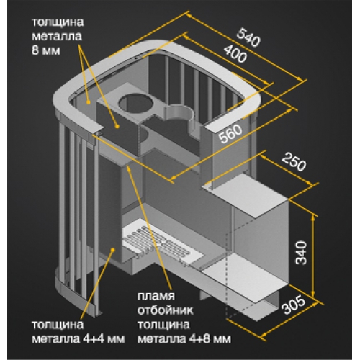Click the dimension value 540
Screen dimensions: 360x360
tap(248, 37)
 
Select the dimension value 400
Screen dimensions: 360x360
tap(235, 54)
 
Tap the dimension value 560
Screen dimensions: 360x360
tap(231, 134)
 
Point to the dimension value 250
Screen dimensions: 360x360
tap(294, 162)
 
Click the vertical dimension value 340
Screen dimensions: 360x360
tap(301, 253)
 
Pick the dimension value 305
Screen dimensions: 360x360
tap(294, 305)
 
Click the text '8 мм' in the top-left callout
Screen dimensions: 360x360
tap(45, 50)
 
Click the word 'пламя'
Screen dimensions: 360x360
tap(156, 296)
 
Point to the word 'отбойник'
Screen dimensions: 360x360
tap(166, 310)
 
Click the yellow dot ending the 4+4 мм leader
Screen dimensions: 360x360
tap(112, 250)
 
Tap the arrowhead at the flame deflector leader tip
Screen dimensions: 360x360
tap(129, 167)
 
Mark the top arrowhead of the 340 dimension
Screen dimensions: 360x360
tap(313, 217)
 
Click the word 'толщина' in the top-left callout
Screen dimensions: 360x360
tap(58, 22)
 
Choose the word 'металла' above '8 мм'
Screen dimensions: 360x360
tap(57, 36)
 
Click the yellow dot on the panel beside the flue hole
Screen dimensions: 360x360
tap(117, 126)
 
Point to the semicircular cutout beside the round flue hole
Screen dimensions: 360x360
tap(179, 114)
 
